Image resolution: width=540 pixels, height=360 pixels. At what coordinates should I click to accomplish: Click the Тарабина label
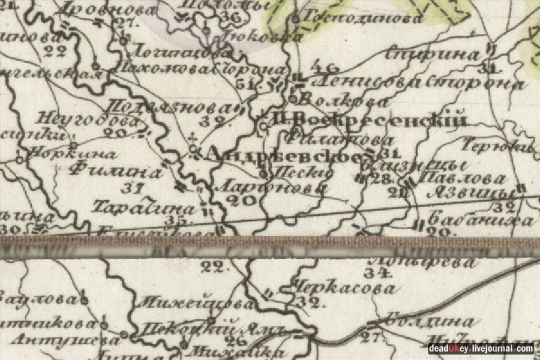pyautogui.click(x=144, y=208)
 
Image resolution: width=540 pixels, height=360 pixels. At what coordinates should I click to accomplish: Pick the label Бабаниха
pyautogui.click(x=481, y=220)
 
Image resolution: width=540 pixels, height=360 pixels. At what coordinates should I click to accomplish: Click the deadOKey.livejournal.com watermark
pyautogui.click(x=481, y=349)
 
